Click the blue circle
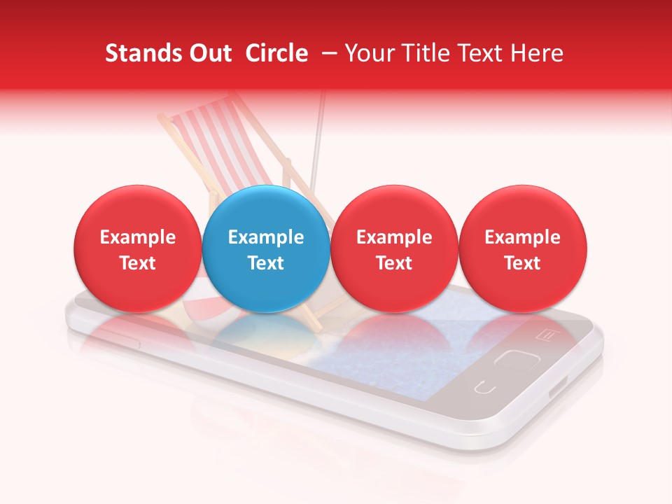pyautogui.click(x=266, y=248)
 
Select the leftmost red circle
pyautogui.click(x=137, y=248)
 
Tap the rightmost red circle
pyautogui.click(x=522, y=248)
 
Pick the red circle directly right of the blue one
pyautogui.click(x=394, y=248)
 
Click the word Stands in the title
pyautogui.click(x=137, y=53)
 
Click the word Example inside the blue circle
pyautogui.click(x=266, y=237)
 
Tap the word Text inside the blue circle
pyautogui.click(x=266, y=263)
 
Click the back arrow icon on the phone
pyautogui.click(x=484, y=386)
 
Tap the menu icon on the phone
pyautogui.click(x=545, y=335)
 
